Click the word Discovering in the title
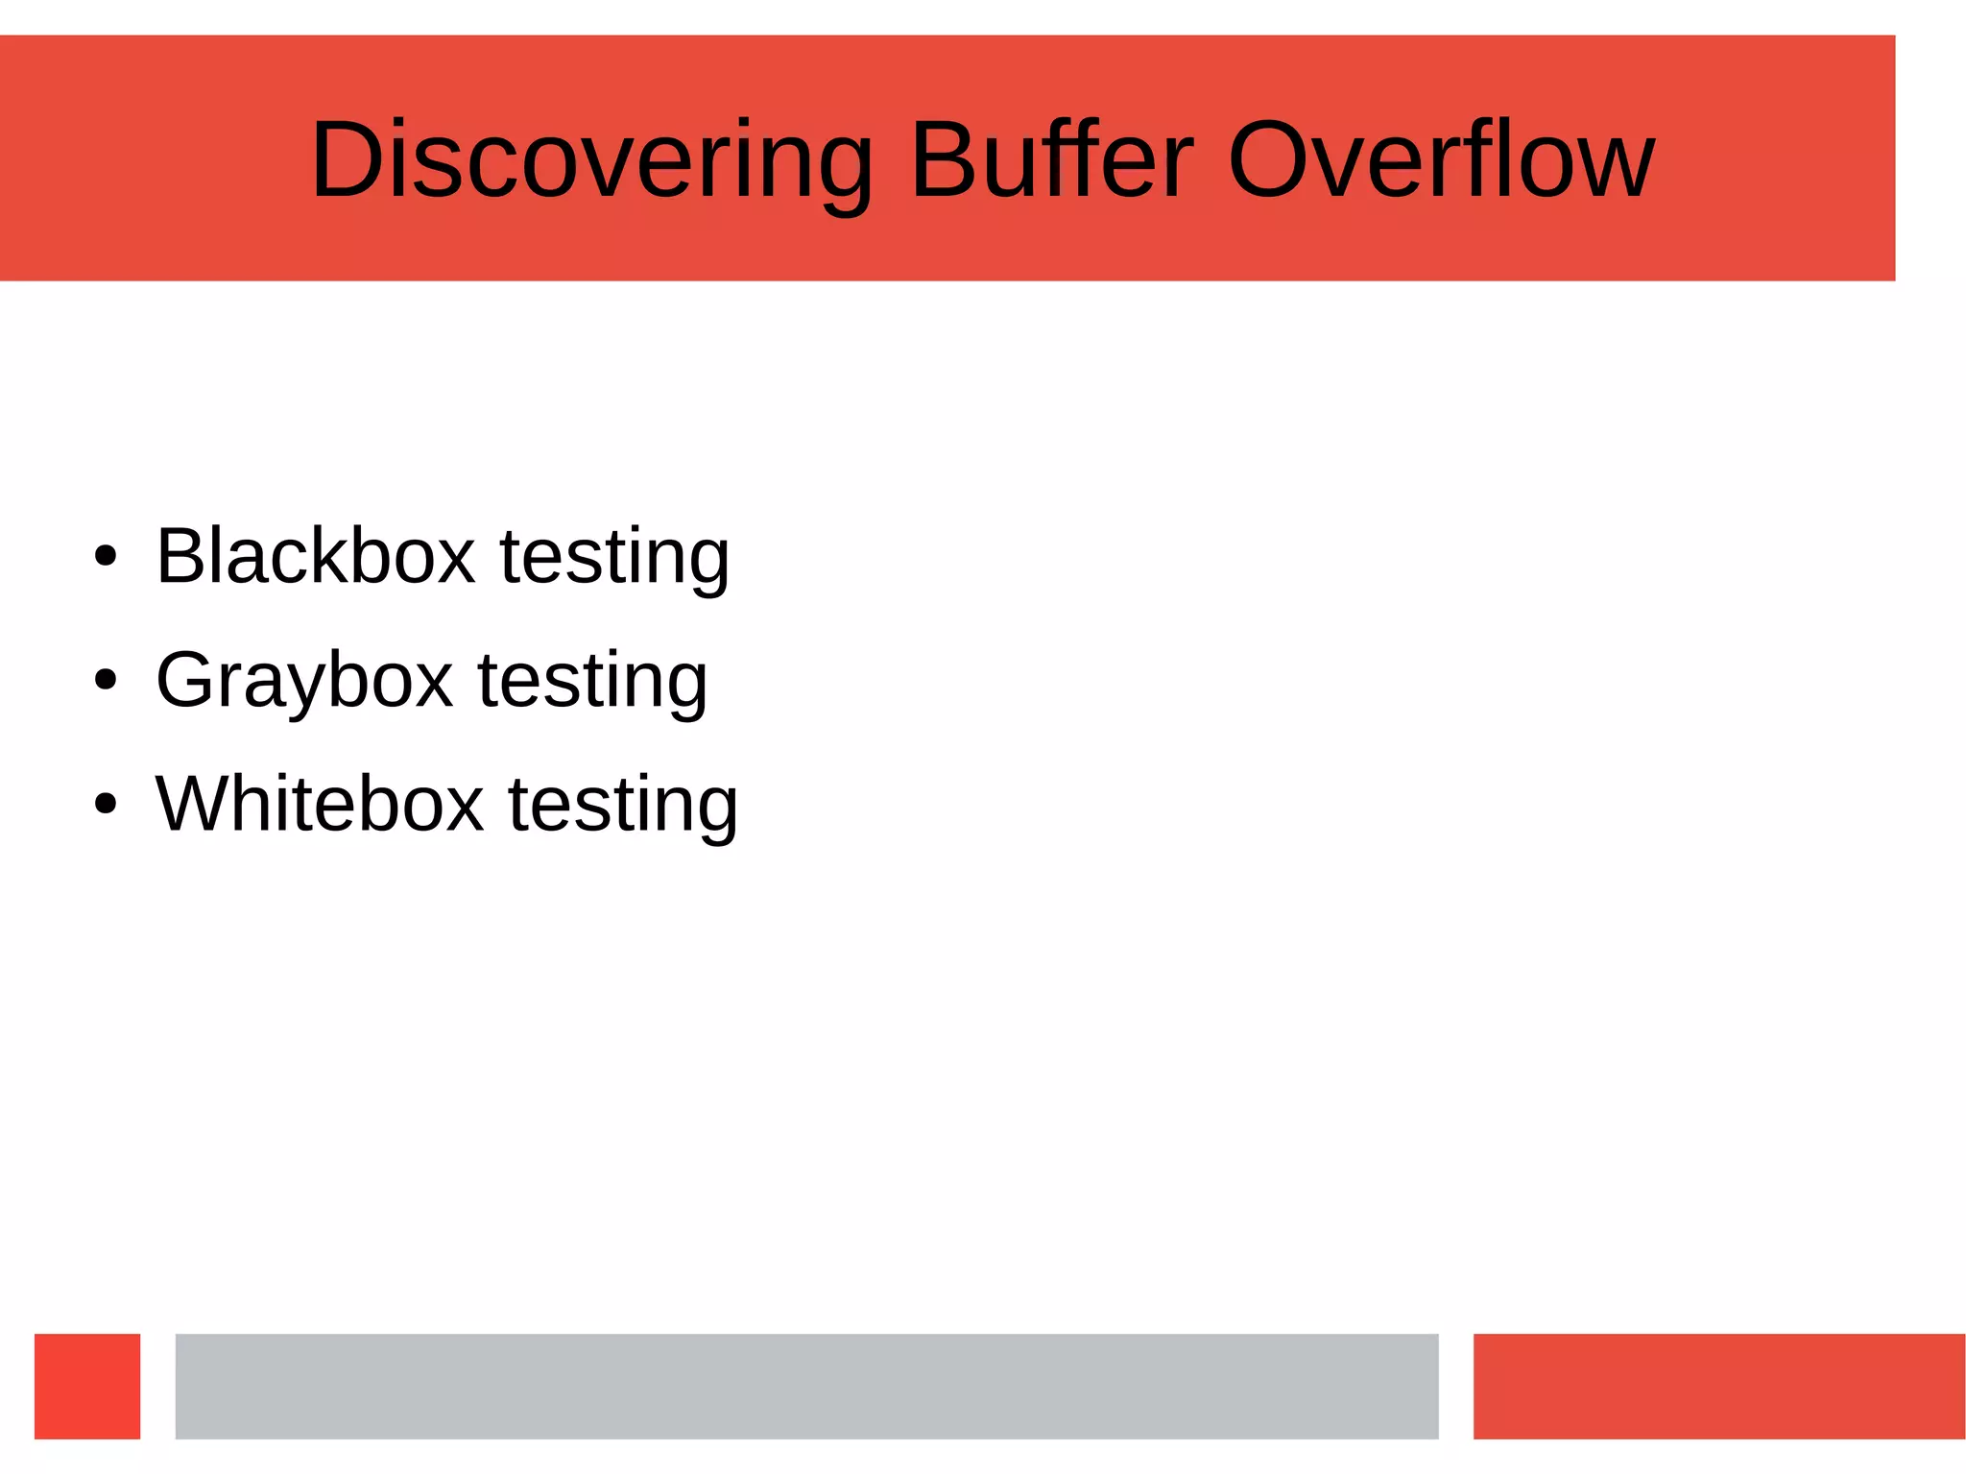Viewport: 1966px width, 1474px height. pos(590,160)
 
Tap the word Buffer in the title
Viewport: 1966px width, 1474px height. pos(1051,160)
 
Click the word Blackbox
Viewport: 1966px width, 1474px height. pos(315,556)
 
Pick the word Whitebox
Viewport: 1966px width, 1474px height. pos(319,804)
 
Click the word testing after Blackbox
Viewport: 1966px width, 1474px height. pos(614,558)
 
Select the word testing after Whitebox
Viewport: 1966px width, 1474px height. pos(622,806)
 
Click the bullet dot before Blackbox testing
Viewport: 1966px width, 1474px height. pos(106,557)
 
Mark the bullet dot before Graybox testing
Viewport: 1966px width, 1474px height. pos(106,681)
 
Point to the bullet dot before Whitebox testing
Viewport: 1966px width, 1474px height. pos(106,805)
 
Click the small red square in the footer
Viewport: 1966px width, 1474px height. pos(87,1386)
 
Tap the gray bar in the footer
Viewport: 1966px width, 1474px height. pos(806,1386)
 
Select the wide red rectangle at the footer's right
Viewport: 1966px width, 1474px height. pos(1718,1386)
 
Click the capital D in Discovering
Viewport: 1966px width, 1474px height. pos(348,160)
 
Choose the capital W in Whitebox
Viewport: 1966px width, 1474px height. pos(191,804)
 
